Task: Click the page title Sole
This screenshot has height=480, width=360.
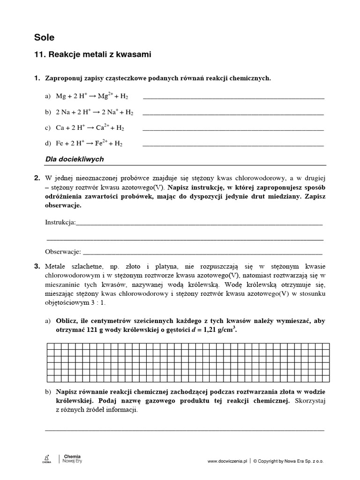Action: (x=44, y=37)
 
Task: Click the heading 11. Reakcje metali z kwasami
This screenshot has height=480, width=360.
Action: (x=93, y=55)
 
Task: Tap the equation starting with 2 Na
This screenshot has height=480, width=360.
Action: (x=94, y=112)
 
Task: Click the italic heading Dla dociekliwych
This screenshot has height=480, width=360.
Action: (x=74, y=159)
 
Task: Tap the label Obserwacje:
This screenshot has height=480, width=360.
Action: (x=63, y=252)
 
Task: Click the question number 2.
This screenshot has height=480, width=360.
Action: (x=37, y=178)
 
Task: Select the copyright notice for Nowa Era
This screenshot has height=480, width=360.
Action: (x=288, y=461)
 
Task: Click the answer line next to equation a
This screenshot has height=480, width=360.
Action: (x=233, y=97)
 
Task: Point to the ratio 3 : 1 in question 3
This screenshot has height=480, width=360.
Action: (x=97, y=303)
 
